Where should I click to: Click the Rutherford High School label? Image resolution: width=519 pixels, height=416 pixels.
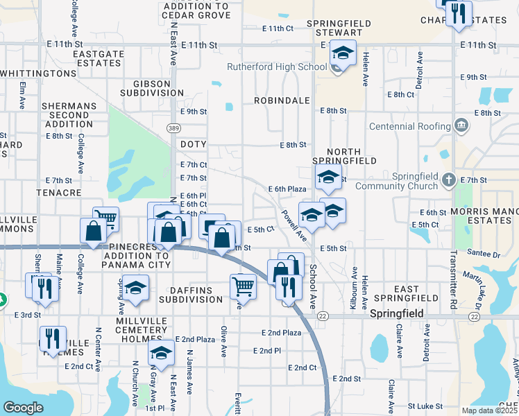pyautogui.click(x=277, y=67)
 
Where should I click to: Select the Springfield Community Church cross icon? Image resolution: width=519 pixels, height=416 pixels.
pyautogui.click(x=449, y=180)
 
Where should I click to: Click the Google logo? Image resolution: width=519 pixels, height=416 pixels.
pyautogui.click(x=23, y=408)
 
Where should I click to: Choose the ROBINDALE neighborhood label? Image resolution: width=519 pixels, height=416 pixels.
pyautogui.click(x=281, y=101)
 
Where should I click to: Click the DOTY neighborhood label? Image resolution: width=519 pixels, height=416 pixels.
pyautogui.click(x=193, y=144)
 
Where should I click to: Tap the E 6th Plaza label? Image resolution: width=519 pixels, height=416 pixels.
pyautogui.click(x=287, y=189)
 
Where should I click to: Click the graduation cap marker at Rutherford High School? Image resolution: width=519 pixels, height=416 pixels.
pyautogui.click(x=343, y=53)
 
